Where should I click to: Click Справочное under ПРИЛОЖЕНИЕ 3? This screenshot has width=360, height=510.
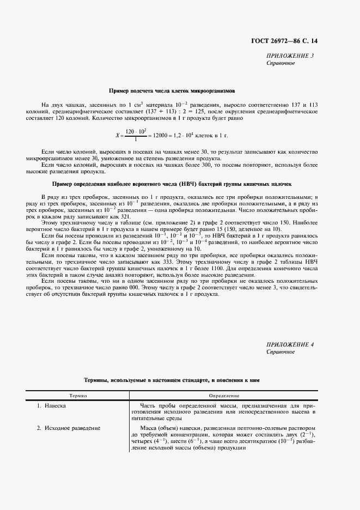pyautogui.click(x=280, y=63)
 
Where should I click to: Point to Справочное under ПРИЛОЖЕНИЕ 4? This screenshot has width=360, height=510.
pyautogui.click(x=280, y=352)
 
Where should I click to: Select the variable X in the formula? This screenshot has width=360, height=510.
pyautogui.click(x=117, y=135)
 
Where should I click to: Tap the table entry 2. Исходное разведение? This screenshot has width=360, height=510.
pyautogui.click(x=68, y=428)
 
